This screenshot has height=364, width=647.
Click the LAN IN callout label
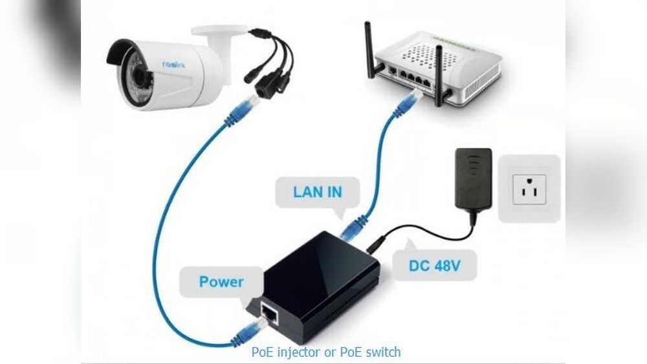(317, 192)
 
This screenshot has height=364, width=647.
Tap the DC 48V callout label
(434, 265)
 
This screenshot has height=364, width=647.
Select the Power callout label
(221, 282)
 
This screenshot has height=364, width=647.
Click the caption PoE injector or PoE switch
(325, 352)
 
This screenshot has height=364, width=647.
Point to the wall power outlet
(529, 187)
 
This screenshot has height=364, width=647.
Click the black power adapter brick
(474, 177)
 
